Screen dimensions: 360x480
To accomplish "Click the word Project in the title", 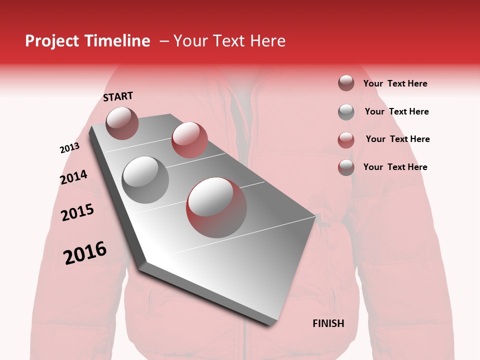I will pos(52,41).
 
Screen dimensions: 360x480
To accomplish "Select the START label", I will pos(118,96).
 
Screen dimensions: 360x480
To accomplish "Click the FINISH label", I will pos(328,323).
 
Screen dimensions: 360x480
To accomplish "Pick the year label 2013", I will pos(69,148).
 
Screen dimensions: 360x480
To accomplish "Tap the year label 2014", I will pos(73,177).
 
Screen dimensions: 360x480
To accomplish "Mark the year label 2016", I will pos(85,253).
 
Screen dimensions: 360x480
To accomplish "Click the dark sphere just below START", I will pos(122,123).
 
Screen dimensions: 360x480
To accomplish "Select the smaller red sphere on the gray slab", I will pos(189,139).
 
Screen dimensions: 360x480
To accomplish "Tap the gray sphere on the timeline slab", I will pos(145,179).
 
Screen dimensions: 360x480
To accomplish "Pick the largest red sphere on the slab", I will pos(216,207).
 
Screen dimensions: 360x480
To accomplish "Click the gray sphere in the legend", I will pos(346,112).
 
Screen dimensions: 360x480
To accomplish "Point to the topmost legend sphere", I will pos(346,83).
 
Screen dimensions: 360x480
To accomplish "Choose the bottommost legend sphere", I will pos(346,167).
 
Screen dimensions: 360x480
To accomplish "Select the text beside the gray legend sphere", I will pos(396,111).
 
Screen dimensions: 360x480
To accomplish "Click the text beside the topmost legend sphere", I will pos(395,83).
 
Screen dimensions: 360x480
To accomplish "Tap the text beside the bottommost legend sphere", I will pos(395,167).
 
